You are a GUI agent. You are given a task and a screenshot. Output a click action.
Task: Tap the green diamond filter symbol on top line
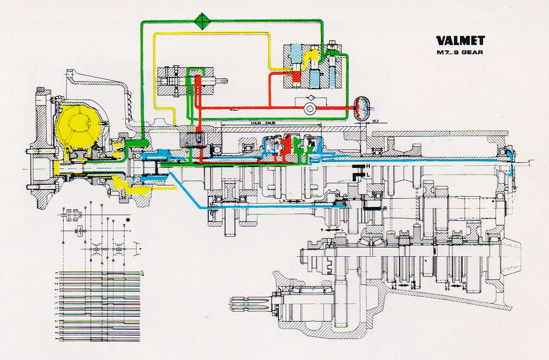(x=204, y=21)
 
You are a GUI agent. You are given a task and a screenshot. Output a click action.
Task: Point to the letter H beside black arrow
(x=368, y=166)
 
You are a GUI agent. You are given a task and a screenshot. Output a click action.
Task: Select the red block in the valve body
(x=296, y=78)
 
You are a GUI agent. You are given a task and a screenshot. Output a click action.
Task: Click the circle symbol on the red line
(x=311, y=109)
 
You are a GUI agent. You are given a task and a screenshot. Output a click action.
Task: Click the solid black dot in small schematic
(x=128, y=220)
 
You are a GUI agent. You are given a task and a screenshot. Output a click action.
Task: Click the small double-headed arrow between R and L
(x=327, y=231)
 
